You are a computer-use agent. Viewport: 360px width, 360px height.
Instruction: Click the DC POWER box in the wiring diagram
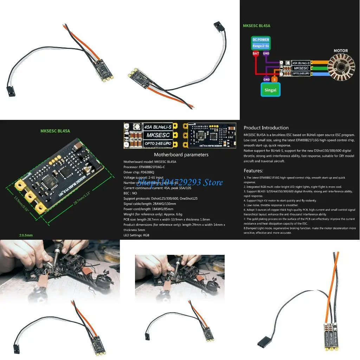[261, 43]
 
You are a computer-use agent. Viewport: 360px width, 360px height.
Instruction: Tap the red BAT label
[256, 54]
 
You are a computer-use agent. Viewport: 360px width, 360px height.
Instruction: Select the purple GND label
[266, 54]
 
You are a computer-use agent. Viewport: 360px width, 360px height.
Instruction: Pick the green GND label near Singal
[266, 79]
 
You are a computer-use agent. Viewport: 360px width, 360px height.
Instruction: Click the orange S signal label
[275, 79]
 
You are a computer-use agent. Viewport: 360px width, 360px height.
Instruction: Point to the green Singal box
[270, 90]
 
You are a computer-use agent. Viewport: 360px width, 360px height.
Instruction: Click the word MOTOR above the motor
[340, 51]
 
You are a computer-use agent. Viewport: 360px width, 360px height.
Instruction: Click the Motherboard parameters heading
[181, 155]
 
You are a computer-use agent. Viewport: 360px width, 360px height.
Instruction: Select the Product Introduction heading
[266, 128]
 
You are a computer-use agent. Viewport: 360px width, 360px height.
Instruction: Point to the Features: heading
[253, 171]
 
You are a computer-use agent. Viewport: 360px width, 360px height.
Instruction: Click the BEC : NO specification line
[130, 193]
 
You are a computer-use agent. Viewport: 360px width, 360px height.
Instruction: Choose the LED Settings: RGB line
[136, 235]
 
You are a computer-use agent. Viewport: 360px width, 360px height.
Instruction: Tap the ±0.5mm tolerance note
[26, 235]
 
